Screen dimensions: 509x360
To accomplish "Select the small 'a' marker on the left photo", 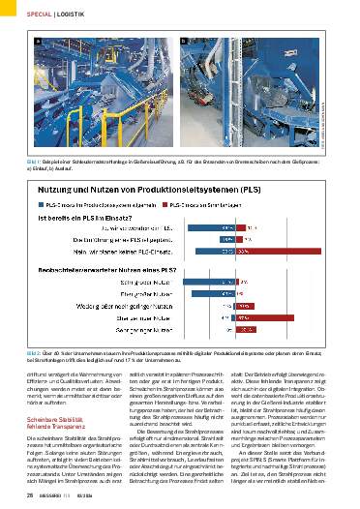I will tap(38, 44).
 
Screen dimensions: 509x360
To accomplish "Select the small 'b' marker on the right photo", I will tap(184, 44).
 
